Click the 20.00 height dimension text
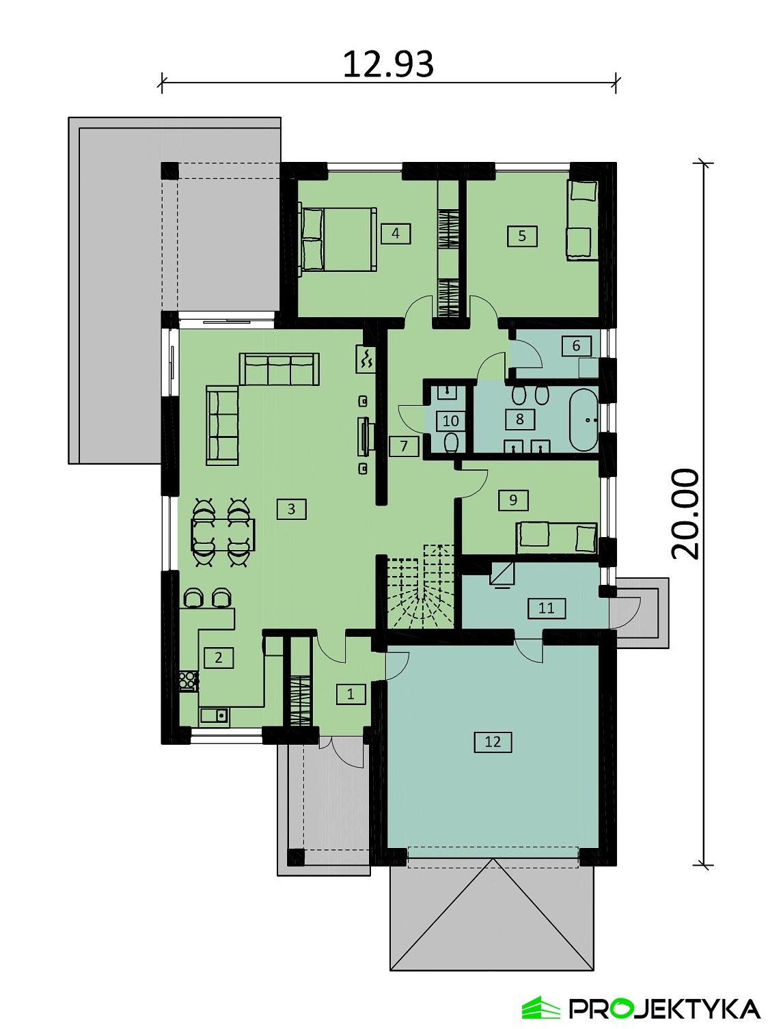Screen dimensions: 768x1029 pyautogui.click(x=685, y=514)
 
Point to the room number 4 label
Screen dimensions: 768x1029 pyautogui.click(x=396, y=234)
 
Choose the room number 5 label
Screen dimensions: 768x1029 pyautogui.click(x=523, y=236)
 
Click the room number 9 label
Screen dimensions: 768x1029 pyautogui.click(x=514, y=500)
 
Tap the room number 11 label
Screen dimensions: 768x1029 pyautogui.click(x=547, y=609)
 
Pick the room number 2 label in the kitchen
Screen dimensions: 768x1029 pyautogui.click(x=219, y=658)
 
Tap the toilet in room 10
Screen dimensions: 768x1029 pyautogui.click(x=451, y=443)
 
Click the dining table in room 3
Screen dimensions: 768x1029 pyautogui.click(x=223, y=534)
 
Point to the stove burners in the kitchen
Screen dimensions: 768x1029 pyautogui.click(x=189, y=681)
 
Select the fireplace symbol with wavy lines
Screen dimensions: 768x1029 pyautogui.click(x=366, y=359)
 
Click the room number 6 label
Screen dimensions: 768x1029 pyautogui.click(x=577, y=346)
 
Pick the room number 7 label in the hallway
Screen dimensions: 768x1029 pyautogui.click(x=404, y=445)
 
